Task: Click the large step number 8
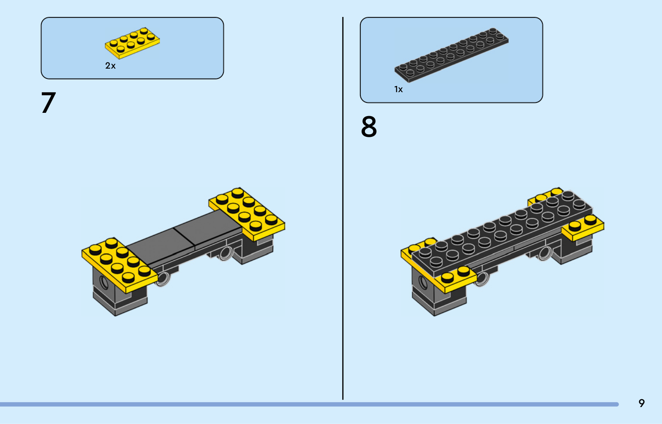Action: (369, 126)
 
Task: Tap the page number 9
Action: (642, 403)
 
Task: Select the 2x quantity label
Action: (110, 66)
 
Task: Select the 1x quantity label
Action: (398, 89)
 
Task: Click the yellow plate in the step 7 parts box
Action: (132, 43)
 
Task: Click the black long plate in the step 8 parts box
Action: (451, 55)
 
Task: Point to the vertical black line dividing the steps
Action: (343, 208)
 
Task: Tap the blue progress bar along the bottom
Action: (309, 404)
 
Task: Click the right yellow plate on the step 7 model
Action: (247, 214)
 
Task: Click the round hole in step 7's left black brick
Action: (104, 282)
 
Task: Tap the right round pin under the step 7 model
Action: (226, 253)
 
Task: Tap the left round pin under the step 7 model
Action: (163, 279)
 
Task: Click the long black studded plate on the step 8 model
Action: (502, 233)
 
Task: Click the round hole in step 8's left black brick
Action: (423, 283)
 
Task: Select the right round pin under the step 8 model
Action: (544, 253)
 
